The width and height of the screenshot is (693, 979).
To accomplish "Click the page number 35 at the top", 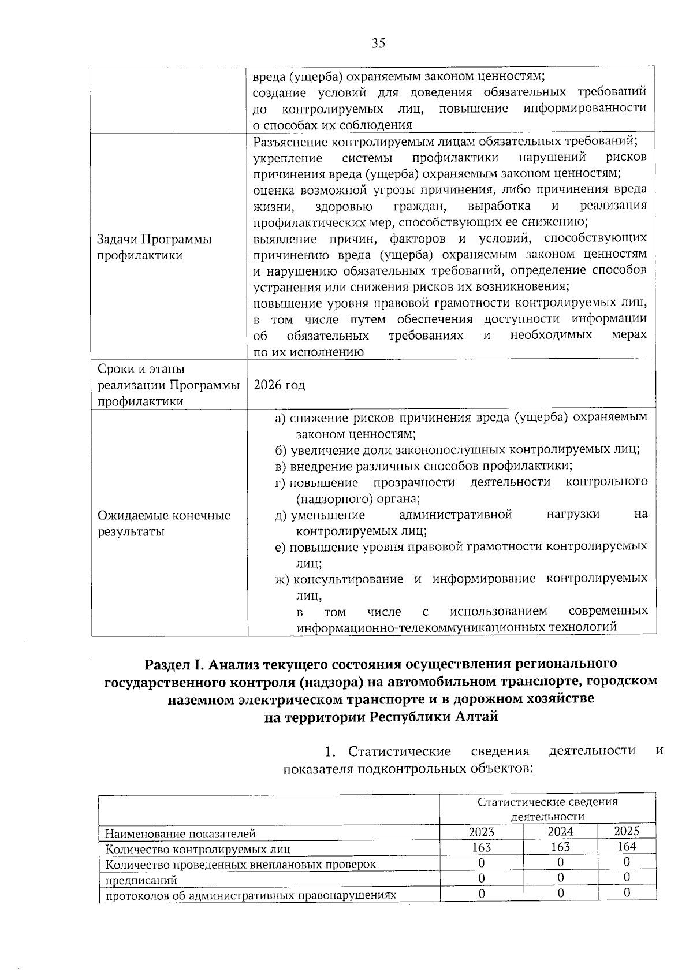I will [x=378, y=43].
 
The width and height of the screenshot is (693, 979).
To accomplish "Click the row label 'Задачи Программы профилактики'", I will [x=154, y=247].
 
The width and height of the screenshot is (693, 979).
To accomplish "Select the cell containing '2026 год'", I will [x=280, y=385].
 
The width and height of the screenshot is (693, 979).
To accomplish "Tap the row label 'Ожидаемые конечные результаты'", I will [x=163, y=523].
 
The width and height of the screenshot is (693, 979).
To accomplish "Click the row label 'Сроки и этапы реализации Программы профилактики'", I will [x=168, y=385].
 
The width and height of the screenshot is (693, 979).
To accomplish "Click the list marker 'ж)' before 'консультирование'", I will [x=282, y=579].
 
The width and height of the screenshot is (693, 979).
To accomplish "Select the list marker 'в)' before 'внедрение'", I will [x=281, y=466].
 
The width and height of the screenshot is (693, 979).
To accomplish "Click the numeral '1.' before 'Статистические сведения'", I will [x=330, y=751].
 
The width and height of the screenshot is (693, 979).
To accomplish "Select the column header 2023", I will [x=481, y=832].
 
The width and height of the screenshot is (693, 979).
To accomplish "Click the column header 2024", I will [x=560, y=832].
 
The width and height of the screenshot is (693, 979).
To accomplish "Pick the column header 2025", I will [x=626, y=831].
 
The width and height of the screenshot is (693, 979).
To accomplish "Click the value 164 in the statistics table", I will [x=626, y=846].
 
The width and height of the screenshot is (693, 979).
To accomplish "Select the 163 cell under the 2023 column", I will [x=481, y=847].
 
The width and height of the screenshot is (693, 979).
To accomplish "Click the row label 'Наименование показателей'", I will [x=180, y=833].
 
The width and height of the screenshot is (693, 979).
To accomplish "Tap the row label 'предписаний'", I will [x=140, y=880].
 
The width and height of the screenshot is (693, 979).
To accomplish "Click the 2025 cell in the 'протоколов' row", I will [x=627, y=893].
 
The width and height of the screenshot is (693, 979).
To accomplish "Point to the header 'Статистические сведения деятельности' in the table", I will [x=547, y=809].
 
